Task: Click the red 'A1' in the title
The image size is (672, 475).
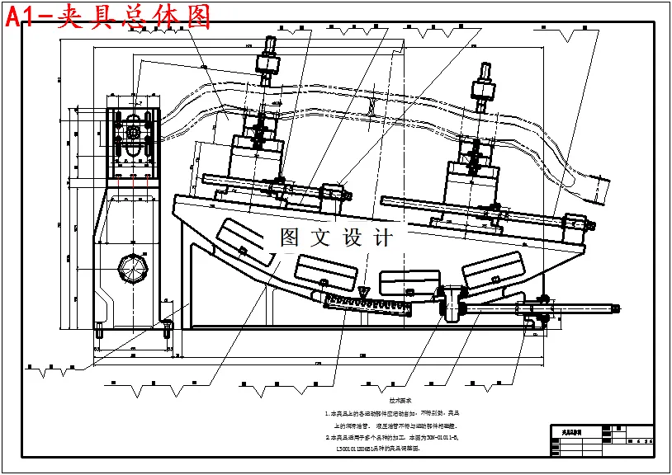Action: click(x=24, y=17)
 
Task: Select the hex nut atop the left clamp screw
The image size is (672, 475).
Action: click(x=268, y=63)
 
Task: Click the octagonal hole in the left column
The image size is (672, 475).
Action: click(x=133, y=268)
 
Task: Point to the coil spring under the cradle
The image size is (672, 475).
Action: click(x=364, y=303)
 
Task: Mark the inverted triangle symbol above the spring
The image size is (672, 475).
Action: click(x=364, y=291)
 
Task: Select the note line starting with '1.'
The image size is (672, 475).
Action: click(x=391, y=412)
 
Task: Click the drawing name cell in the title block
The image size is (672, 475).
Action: click(x=575, y=431)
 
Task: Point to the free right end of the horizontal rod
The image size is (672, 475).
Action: click(x=615, y=309)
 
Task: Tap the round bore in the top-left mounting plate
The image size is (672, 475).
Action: click(x=133, y=130)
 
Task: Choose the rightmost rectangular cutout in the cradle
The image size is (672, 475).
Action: click(x=494, y=268)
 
